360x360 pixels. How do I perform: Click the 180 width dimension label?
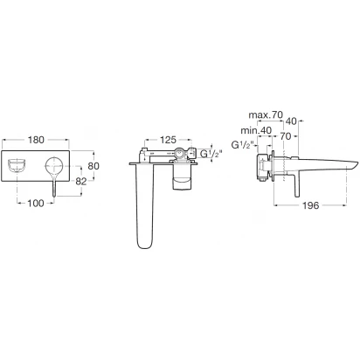coord(36,140)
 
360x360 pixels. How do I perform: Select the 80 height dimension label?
coord(93,166)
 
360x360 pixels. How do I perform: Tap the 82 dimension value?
coord(81,182)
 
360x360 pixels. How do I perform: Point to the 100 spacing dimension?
coord(36,204)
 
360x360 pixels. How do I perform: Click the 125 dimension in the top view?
coord(168,140)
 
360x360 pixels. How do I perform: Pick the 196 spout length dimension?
coord(310,205)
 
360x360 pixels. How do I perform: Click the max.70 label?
coord(266,115)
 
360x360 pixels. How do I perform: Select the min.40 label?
coord(256,130)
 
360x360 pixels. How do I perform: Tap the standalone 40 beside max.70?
coord(291,121)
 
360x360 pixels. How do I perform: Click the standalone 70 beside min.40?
coord(286,136)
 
